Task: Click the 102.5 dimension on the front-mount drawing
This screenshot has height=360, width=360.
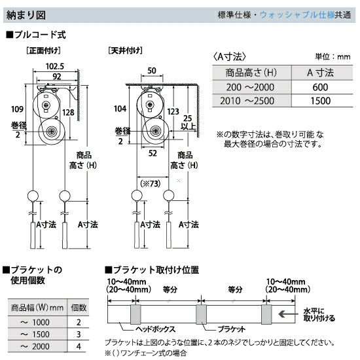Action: tap(55, 66)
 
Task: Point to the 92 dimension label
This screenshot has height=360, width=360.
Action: tap(57, 77)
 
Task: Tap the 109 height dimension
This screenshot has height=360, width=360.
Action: tap(17, 109)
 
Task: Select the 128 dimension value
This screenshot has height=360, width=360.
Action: tap(68, 113)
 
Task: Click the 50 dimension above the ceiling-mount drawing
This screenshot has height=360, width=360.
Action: tap(152, 71)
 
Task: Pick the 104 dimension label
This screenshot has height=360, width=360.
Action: tap(120, 109)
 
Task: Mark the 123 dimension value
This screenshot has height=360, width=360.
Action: tap(173, 112)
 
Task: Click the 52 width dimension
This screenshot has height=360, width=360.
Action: tap(153, 153)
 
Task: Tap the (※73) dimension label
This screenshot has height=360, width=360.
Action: tap(151, 184)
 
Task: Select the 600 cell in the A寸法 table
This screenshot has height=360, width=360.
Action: tap(320, 87)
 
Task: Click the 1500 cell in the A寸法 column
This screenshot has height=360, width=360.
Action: tap(321, 101)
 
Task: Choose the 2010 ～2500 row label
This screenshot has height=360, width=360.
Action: tap(247, 101)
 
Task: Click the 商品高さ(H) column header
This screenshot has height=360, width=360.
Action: tap(251, 73)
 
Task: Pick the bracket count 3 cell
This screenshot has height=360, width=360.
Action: tap(79, 334)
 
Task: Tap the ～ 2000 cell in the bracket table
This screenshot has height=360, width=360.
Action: tap(35, 346)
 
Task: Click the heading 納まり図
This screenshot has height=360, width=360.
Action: tap(26, 16)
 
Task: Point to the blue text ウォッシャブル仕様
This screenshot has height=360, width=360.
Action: tap(297, 15)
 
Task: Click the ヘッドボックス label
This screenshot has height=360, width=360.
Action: tap(155, 329)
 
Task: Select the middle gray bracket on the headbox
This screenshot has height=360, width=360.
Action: tap(201, 314)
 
